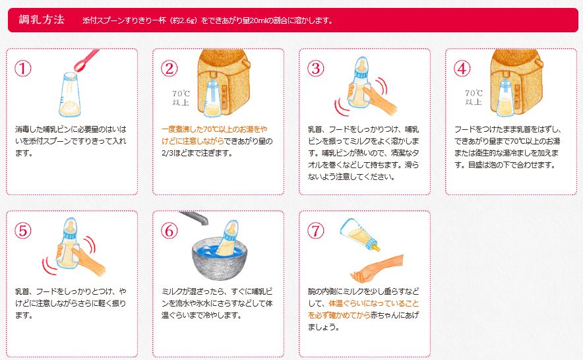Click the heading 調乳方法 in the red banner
tap(41, 19)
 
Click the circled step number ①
tap(24, 69)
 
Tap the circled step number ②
tap(170, 69)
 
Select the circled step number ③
tap(317, 69)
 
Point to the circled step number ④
tap(463, 69)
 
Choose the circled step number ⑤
tap(24, 231)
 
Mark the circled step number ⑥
tap(170, 231)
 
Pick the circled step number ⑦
tap(317, 231)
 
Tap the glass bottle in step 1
tap(69, 96)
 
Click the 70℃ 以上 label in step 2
tap(180, 98)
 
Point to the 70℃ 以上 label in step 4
tap(473, 98)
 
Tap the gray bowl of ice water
tap(218, 264)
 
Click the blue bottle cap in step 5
tap(69, 227)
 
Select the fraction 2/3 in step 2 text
tap(167, 153)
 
